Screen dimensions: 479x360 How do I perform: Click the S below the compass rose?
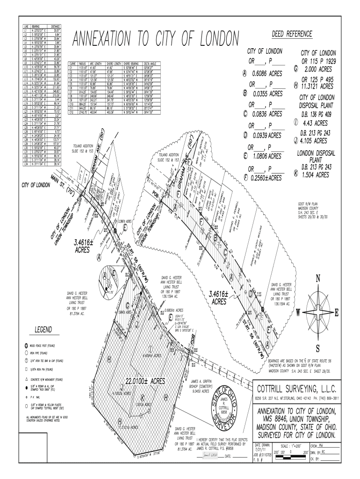click(318, 348)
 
